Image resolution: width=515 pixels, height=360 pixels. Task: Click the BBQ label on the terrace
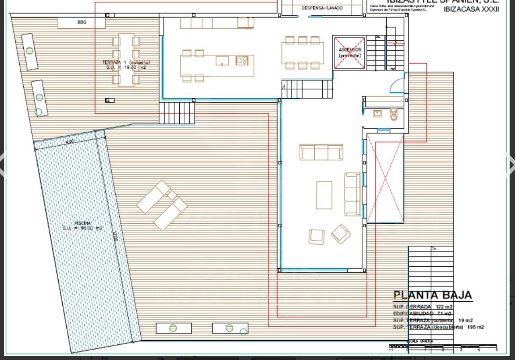pyautogui.click(x=82, y=22)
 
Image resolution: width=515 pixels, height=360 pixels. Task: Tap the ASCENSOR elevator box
pyautogui.click(x=350, y=53)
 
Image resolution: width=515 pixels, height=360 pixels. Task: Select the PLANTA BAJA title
pyautogui.click(x=433, y=295)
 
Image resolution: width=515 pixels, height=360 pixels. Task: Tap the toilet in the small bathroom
pyautogui.click(x=394, y=115)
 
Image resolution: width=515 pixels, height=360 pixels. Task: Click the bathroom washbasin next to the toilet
pyautogui.click(x=377, y=114)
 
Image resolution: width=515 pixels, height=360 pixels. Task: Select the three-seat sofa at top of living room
pyautogui.click(x=321, y=152)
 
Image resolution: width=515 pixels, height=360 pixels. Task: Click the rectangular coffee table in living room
pyautogui.click(x=324, y=195)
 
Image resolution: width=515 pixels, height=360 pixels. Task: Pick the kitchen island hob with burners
pyautogui.click(x=242, y=60)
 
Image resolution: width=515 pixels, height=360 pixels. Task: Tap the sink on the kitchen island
pyautogui.click(x=222, y=61)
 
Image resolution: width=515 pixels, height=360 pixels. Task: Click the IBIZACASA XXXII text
pyautogui.click(x=471, y=9)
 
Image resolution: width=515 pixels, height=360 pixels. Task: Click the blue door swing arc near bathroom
pyautogui.click(x=397, y=86)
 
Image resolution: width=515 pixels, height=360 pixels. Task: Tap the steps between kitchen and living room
pyautogui.click(x=308, y=90)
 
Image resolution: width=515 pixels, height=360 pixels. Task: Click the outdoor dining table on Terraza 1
pyautogui.click(x=126, y=59)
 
